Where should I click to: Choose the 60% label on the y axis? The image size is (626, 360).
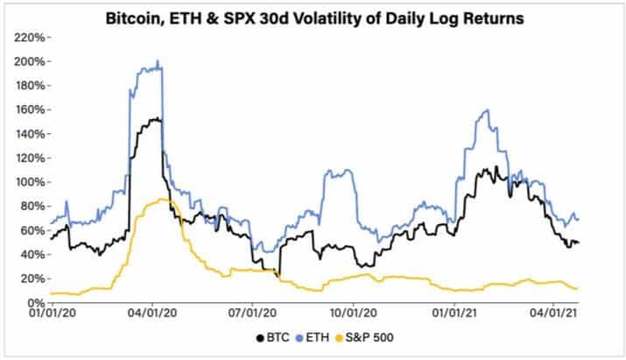coord(32,230)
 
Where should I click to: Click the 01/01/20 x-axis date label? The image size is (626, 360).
coord(53,312)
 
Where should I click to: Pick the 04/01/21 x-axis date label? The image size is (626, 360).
coord(553,312)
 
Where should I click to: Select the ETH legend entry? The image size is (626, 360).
coord(317,337)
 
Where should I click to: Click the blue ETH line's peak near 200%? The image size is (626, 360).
coord(157,61)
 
